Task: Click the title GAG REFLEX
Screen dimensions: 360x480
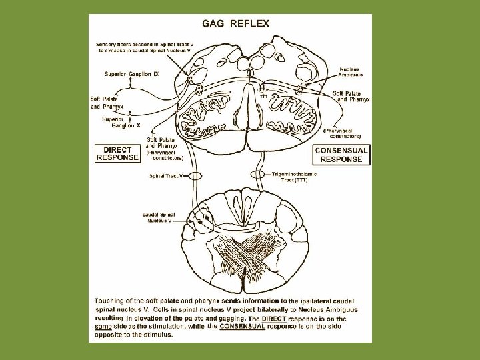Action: (x=240, y=23)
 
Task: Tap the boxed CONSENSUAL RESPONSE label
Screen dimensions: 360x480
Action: (x=341, y=155)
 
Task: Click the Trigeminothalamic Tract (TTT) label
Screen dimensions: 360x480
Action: (x=294, y=176)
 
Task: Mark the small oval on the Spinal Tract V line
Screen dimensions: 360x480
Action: (x=195, y=176)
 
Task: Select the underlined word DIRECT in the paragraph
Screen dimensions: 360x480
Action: (x=273, y=319)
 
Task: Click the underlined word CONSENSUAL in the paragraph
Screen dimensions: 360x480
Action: (x=238, y=327)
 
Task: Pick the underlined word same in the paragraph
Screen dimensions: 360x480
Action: (x=104, y=327)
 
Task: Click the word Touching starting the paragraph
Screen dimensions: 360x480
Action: (x=111, y=301)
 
